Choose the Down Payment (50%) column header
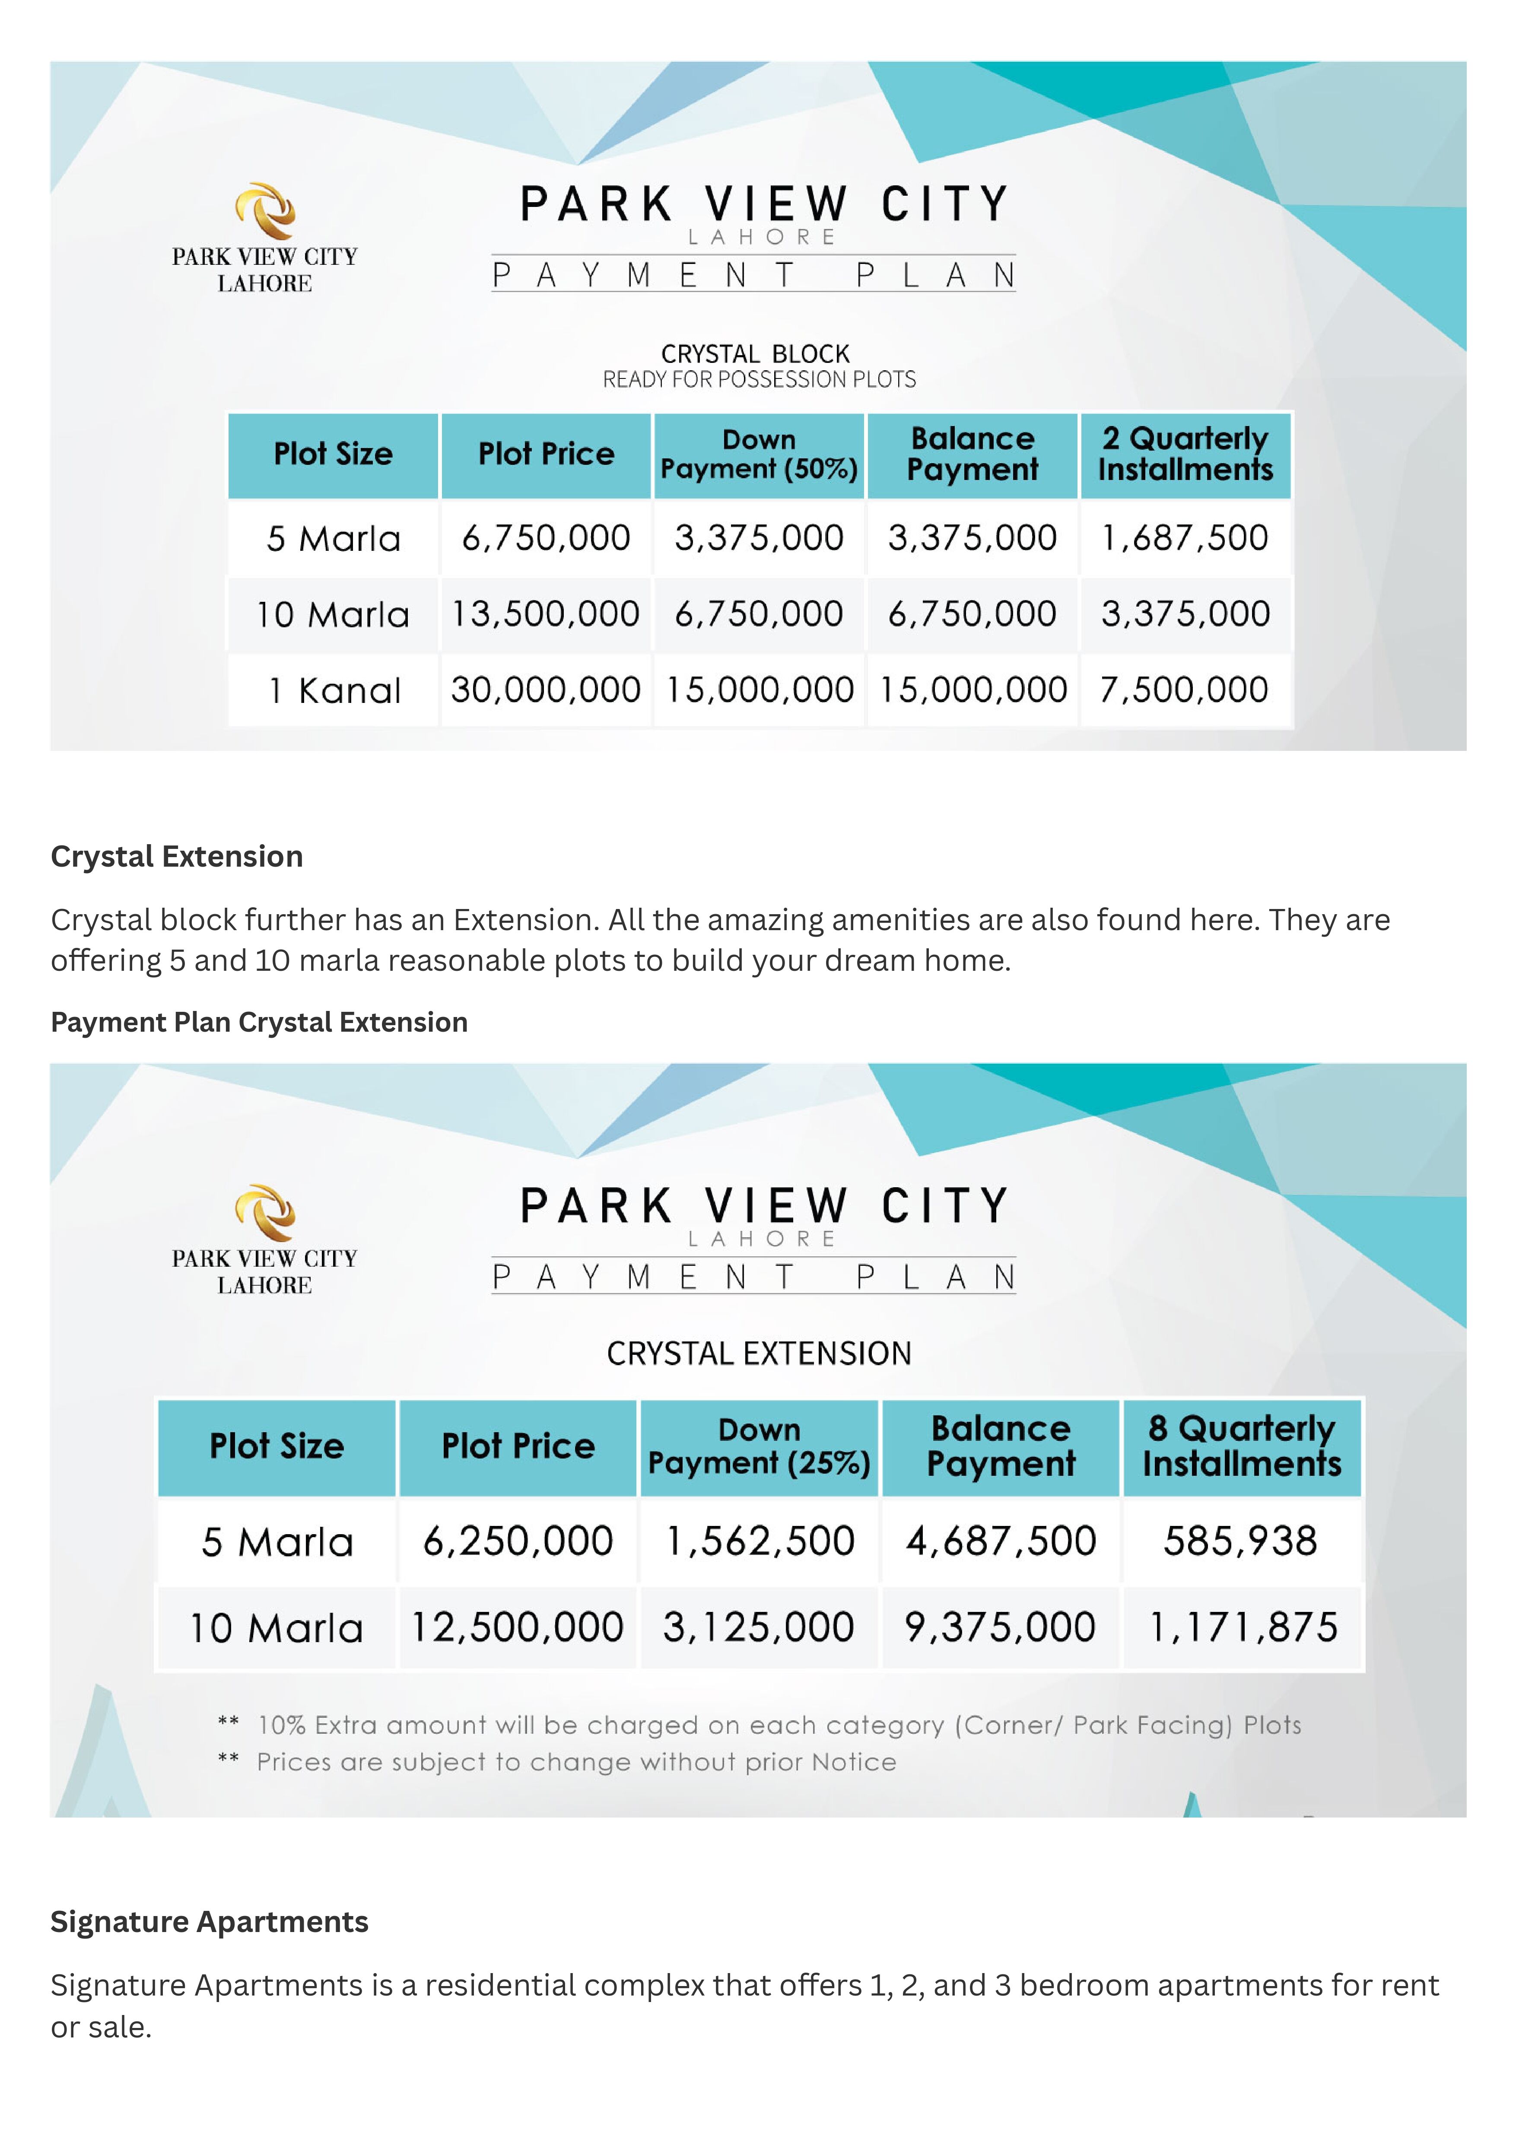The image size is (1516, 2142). coord(759,454)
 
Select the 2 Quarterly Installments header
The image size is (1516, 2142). coord(1185,454)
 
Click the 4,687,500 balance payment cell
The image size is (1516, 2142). coord(1001,1541)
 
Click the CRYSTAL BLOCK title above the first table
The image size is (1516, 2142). coord(755,355)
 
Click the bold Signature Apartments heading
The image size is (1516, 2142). coord(209,1922)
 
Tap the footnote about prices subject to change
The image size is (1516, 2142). coord(576,1762)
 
